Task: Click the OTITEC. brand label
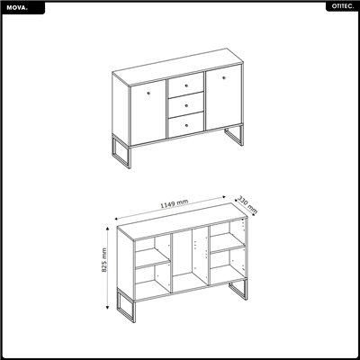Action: click(x=341, y=7)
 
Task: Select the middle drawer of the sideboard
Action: click(x=185, y=104)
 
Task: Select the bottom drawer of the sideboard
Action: click(x=185, y=123)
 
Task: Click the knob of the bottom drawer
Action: click(x=185, y=124)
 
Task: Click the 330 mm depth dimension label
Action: click(x=247, y=205)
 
